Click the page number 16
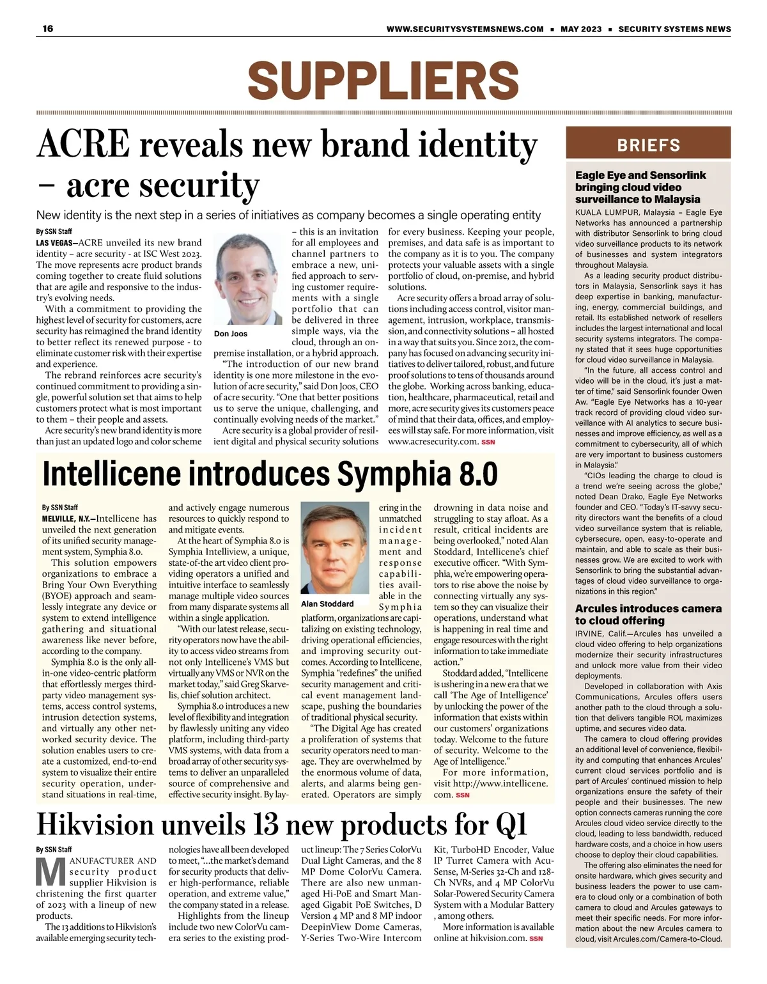tap(48, 29)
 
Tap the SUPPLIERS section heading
tap(383, 81)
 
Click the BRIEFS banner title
tap(648, 145)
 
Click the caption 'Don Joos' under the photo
tap(231, 334)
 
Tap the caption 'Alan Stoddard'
tap(327, 604)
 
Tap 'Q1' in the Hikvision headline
tap(511, 825)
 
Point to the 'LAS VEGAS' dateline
tap(56, 243)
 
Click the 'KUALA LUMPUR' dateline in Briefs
tap(607, 212)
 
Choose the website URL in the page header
tap(465, 29)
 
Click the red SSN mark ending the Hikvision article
tap(536, 939)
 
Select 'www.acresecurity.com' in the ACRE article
tap(433, 441)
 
